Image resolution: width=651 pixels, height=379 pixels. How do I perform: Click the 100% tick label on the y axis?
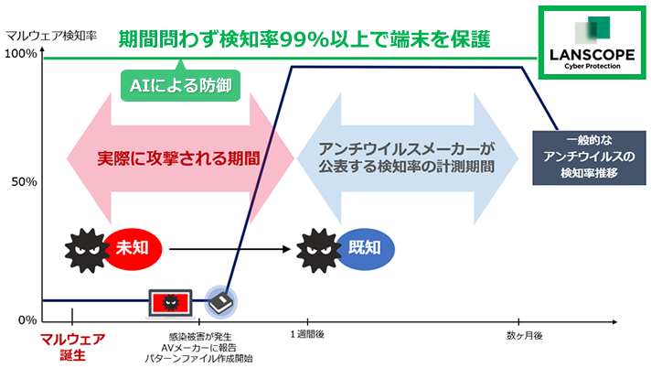click(20, 54)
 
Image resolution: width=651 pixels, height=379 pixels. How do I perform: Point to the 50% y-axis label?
click(24, 182)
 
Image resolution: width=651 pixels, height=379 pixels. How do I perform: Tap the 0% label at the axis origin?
click(27, 320)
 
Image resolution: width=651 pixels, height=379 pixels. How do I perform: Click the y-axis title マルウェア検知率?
click(51, 36)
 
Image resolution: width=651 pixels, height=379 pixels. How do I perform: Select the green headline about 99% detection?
click(304, 39)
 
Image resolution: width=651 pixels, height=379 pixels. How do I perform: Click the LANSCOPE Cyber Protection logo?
click(592, 42)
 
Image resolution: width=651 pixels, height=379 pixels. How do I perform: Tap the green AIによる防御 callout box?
click(181, 85)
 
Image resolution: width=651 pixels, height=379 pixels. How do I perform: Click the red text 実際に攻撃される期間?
click(178, 158)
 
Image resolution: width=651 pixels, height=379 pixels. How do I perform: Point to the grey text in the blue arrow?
click(407, 157)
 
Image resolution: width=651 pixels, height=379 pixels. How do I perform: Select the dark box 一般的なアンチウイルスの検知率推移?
click(589, 157)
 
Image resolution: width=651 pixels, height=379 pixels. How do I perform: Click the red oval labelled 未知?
click(132, 248)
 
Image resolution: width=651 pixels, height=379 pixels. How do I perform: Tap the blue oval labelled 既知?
click(365, 248)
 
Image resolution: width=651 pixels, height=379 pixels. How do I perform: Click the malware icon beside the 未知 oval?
click(87, 250)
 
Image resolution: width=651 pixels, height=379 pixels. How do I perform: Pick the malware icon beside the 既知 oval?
click(318, 250)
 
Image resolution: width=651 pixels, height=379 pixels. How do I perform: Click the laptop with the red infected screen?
click(170, 303)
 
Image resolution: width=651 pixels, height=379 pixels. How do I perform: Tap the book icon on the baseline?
click(221, 302)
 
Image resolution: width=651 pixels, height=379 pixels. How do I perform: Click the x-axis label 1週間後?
click(307, 334)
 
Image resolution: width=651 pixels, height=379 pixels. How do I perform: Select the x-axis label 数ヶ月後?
click(525, 335)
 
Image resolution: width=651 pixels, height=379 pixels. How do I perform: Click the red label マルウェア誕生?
click(72, 347)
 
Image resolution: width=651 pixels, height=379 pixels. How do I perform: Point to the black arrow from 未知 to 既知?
click(229, 249)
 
